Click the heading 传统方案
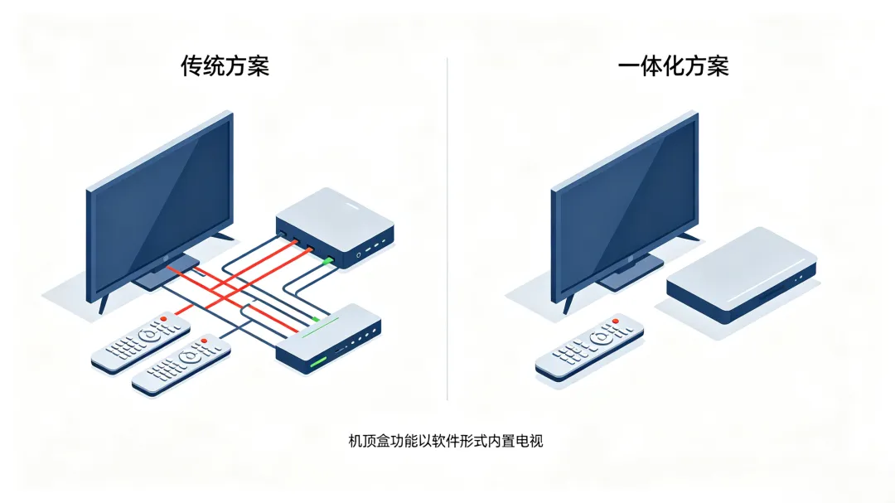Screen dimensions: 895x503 click(x=225, y=66)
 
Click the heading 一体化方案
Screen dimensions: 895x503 click(x=673, y=66)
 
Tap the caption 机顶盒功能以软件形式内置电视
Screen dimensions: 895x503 click(x=446, y=441)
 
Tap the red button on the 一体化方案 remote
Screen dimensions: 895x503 click(x=615, y=322)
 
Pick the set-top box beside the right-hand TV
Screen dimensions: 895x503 click(x=742, y=276)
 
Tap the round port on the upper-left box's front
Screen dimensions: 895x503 click(x=359, y=254)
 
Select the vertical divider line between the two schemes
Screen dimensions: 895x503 click(x=447, y=229)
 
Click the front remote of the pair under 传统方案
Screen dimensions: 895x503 click(x=181, y=365)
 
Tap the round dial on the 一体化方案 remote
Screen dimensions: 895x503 click(x=600, y=339)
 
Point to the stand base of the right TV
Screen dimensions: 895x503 click(x=630, y=273)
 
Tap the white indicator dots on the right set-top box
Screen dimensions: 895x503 click(x=798, y=278)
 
